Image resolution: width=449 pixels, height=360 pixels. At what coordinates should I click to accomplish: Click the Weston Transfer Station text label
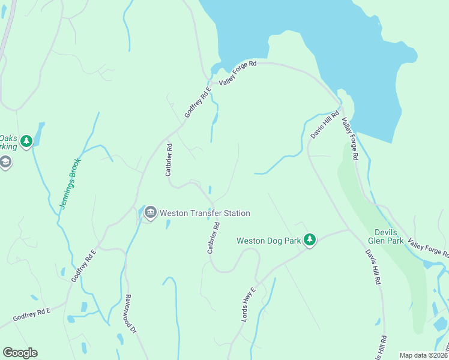coord(204,213)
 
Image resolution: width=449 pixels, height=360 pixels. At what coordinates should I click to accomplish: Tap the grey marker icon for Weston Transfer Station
coord(150,212)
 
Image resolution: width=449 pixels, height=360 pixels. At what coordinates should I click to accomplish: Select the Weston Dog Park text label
coord(268,241)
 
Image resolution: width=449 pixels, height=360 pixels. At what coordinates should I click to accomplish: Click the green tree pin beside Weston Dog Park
coord(309,240)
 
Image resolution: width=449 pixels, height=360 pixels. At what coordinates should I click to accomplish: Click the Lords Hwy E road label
coord(249,304)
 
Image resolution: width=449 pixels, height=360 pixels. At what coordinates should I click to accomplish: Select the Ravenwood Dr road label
coord(131,313)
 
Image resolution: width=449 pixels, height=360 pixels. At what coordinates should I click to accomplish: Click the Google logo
coord(20,353)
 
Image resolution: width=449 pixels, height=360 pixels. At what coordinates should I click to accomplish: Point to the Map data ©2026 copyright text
coord(424,355)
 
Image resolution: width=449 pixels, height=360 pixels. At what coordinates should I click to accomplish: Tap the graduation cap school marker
coord(5,162)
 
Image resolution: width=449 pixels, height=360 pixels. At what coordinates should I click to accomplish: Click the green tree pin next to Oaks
coord(26,142)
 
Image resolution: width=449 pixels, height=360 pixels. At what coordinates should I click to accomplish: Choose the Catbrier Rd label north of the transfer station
coord(169,160)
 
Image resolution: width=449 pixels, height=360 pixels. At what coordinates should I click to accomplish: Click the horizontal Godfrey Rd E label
coord(31,314)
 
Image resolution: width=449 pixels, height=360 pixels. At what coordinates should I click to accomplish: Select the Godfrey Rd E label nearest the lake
coord(198,102)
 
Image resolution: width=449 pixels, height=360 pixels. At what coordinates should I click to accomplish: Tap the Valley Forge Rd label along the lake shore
coord(238,73)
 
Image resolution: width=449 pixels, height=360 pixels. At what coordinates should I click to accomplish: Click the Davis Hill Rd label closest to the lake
coord(325,124)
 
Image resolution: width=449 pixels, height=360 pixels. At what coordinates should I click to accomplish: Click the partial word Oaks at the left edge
coord(7,136)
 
